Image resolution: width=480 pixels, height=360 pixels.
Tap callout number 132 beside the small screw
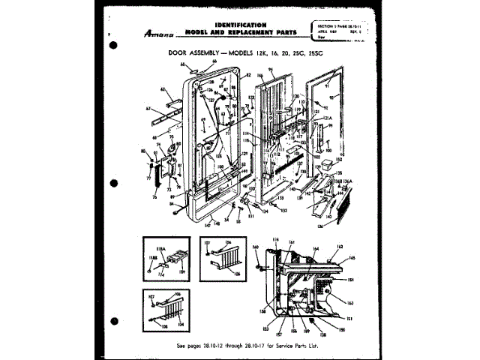[x=284, y=211]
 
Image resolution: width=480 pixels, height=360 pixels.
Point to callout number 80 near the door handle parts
[x=142, y=151]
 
